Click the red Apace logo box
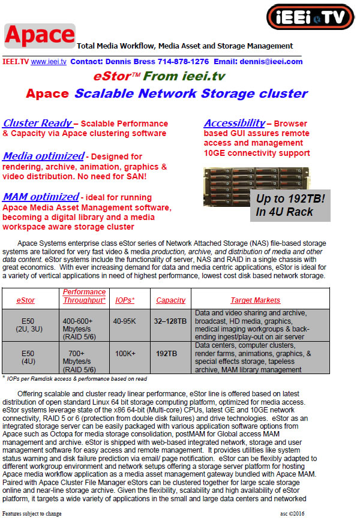tap(40, 36)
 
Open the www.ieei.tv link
tap(49, 62)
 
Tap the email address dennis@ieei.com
tap(275, 62)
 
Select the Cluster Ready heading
tap(38, 124)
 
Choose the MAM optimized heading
tap(41, 197)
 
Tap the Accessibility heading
tap(235, 124)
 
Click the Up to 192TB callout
tap(290, 204)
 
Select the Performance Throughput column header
tap(85, 296)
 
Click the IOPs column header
tap(124, 300)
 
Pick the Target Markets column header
tap(255, 300)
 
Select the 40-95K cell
tap(124, 321)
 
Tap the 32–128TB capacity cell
tap(170, 321)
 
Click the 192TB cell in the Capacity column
tap(167, 354)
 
